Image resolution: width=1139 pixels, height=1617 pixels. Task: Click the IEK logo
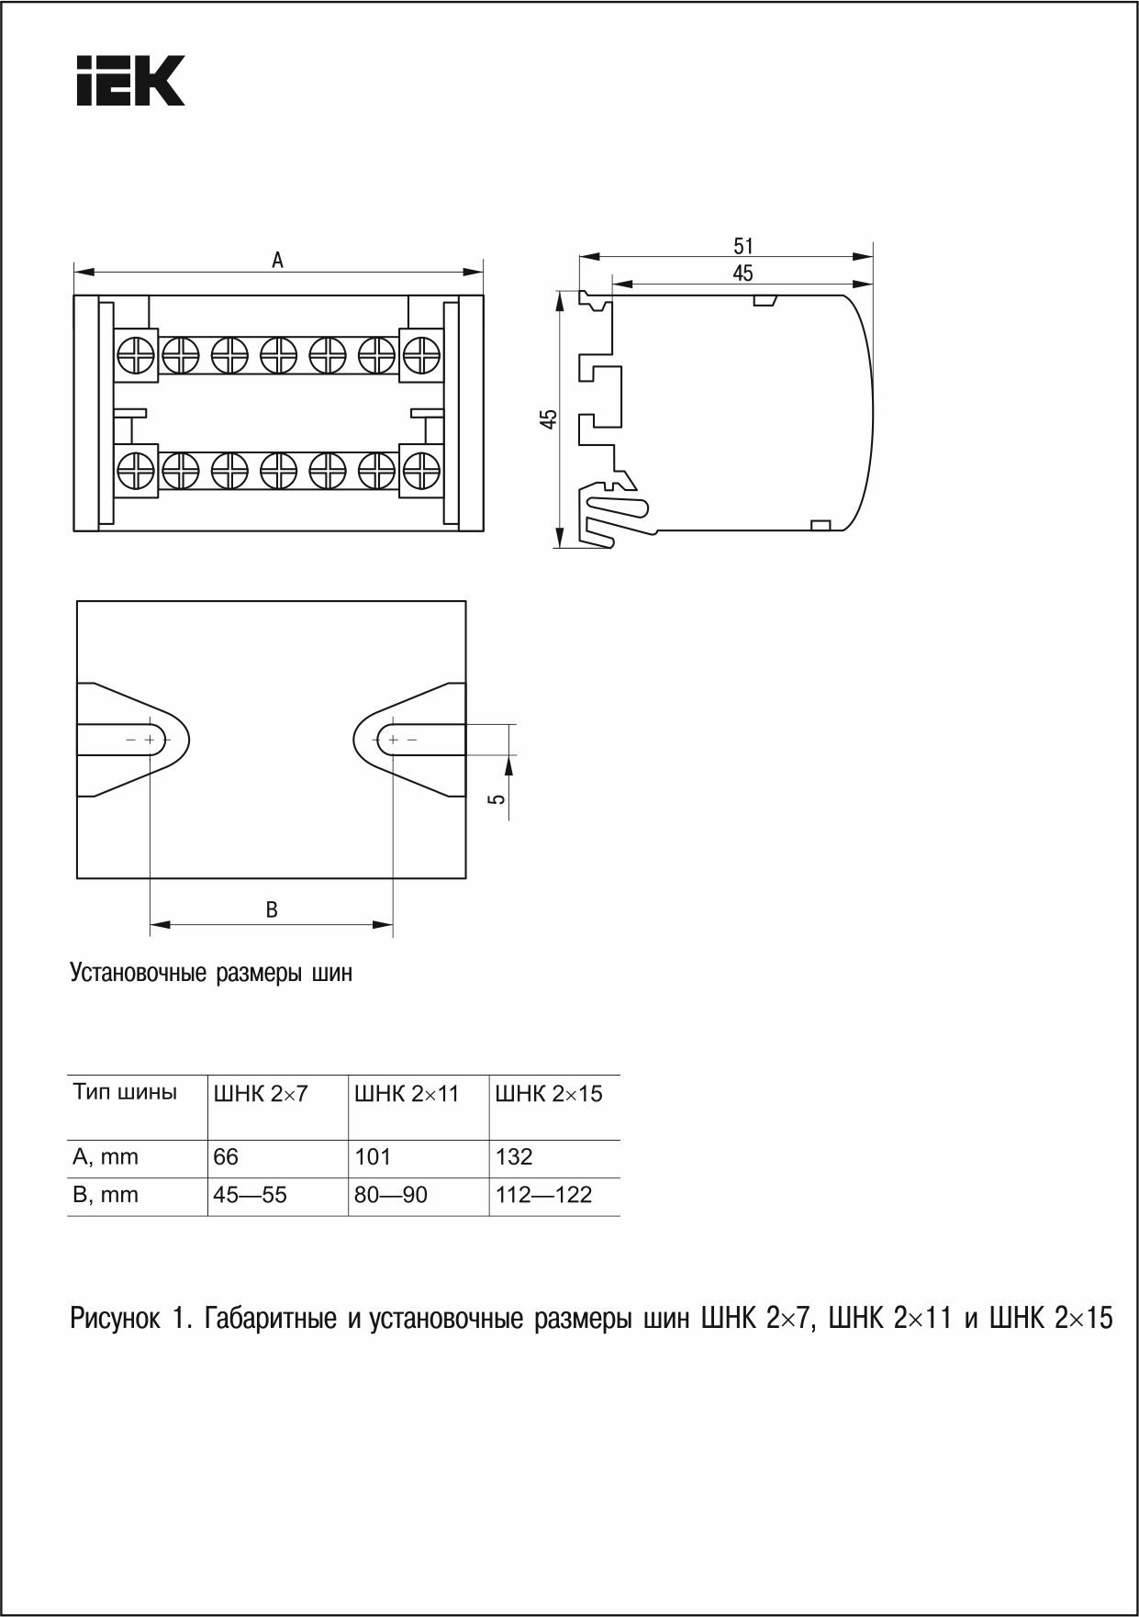coord(130,81)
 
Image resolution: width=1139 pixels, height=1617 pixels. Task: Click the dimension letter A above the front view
coord(277,261)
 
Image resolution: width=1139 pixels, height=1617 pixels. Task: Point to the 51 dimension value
coord(743,246)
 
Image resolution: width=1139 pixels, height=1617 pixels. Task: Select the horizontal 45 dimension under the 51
coord(743,273)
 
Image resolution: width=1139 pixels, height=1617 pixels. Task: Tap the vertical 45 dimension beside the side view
coord(548,419)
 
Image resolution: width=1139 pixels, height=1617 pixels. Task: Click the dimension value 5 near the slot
coord(497,798)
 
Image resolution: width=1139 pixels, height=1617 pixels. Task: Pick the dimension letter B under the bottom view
coord(272,910)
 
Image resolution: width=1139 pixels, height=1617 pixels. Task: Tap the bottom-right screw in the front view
coord(421,471)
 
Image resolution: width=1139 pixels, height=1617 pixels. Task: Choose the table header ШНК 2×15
coord(549,1094)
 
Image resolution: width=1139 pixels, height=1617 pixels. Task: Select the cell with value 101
coord(373,1157)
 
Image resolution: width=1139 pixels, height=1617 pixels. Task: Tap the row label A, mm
coord(106,1157)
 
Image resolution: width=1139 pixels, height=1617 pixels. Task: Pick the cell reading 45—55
coord(250,1195)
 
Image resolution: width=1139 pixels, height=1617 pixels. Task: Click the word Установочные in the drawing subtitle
coord(139,973)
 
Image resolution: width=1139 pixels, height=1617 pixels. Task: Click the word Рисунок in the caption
coord(115,1320)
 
